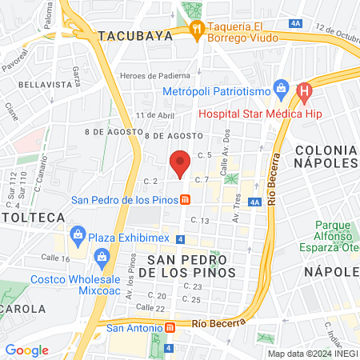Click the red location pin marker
(x=181, y=162)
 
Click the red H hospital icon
(x=303, y=93)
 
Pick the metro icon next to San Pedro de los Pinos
(x=184, y=199)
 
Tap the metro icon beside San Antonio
(x=169, y=327)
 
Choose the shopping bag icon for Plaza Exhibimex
(x=78, y=234)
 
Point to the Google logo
(x=26, y=350)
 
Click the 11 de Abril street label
(x=154, y=115)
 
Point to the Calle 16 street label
(x=54, y=258)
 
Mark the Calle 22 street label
(x=150, y=307)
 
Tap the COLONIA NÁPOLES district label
(x=325, y=156)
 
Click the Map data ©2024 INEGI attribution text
(x=312, y=353)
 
